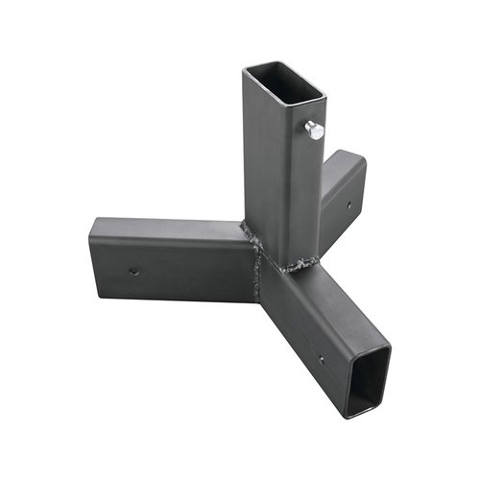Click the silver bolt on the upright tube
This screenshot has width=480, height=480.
point(314,130)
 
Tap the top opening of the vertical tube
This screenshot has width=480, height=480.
point(285,84)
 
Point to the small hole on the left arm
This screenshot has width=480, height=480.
point(133,271)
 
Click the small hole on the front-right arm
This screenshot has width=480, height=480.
point(321,361)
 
